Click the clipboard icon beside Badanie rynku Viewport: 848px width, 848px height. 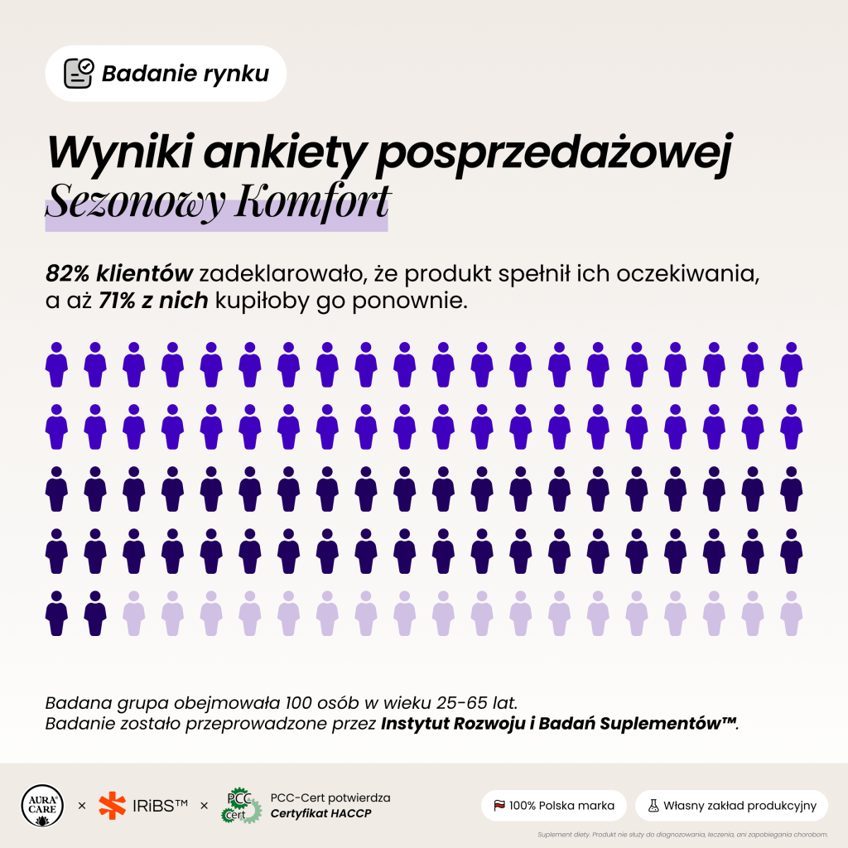79,73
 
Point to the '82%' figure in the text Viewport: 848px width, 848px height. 67,273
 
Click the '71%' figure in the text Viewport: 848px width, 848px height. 116,301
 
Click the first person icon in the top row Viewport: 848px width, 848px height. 56,364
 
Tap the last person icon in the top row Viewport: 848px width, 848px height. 791,364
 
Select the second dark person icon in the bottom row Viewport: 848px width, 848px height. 95,614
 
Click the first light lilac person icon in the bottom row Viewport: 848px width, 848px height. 133,614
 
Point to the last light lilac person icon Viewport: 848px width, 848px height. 791,614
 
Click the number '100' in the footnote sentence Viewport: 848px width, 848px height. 299,703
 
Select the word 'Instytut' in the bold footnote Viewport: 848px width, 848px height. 414,724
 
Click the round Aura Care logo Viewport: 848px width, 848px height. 42,806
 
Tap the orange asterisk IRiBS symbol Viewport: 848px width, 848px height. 112,806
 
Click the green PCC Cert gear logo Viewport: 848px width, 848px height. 241,806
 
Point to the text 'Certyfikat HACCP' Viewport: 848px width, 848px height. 320,813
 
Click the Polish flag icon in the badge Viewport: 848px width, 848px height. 499,806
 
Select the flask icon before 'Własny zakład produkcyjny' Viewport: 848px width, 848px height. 653,806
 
